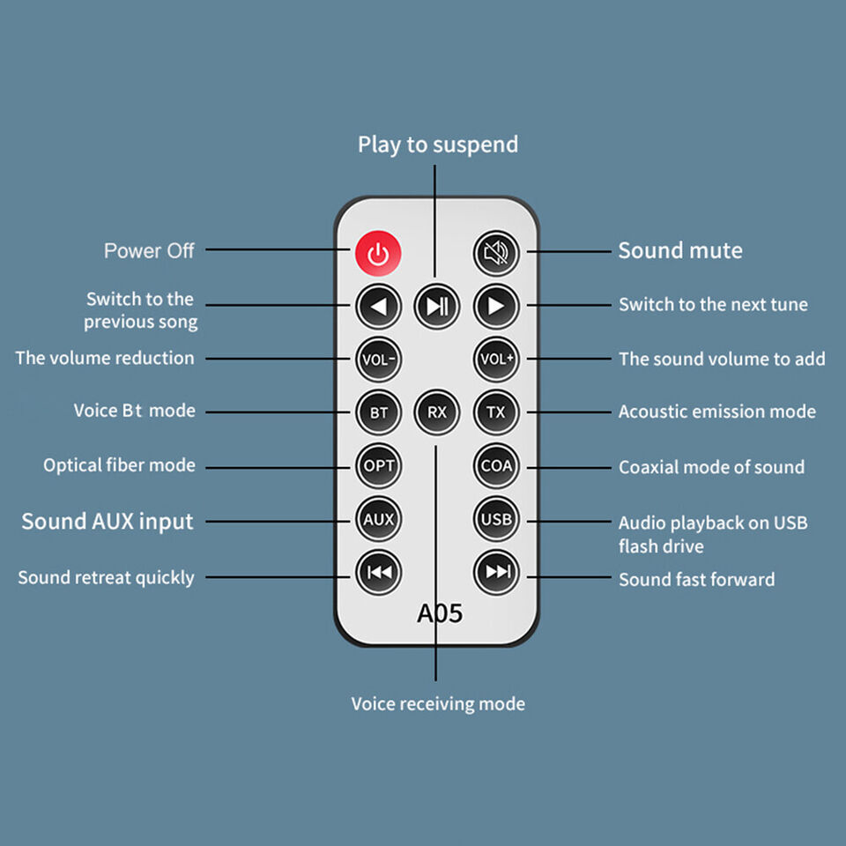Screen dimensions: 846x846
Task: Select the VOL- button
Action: click(x=379, y=360)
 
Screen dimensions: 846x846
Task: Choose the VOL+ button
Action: click(x=496, y=360)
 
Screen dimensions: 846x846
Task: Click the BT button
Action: click(x=379, y=412)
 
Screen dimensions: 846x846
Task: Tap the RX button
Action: click(x=437, y=412)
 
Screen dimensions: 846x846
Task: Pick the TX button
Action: click(x=496, y=412)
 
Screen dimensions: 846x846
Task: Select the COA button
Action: click(x=496, y=466)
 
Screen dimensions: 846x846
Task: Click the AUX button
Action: click(x=379, y=520)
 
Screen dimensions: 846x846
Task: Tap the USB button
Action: click(x=496, y=520)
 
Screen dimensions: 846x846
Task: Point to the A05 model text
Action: click(x=439, y=613)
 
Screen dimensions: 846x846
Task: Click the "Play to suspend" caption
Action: click(x=438, y=145)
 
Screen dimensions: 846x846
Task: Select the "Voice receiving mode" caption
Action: click(x=438, y=704)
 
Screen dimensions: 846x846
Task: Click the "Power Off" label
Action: click(x=149, y=251)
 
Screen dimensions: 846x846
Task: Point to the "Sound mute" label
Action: click(x=679, y=251)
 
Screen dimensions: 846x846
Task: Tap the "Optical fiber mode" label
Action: click(x=120, y=465)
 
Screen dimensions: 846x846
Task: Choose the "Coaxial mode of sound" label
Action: click(x=711, y=467)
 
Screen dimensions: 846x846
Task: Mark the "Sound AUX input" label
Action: click(x=108, y=522)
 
